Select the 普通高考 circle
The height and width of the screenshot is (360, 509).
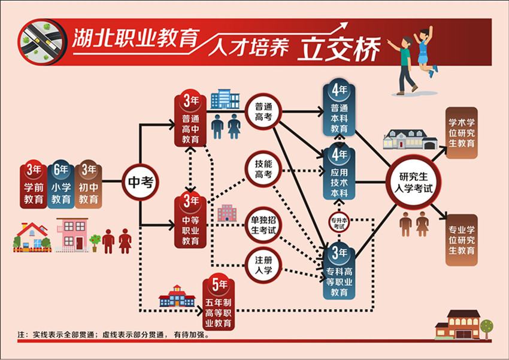tap(263, 111)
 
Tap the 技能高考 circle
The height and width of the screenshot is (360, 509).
tap(263, 168)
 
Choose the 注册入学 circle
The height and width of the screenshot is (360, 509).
tap(263, 265)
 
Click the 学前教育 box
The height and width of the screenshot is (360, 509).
tap(34, 184)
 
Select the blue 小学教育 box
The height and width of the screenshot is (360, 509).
tap(61, 184)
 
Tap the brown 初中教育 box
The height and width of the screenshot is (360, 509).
tap(89, 184)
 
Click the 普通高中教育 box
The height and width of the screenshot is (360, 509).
tap(190, 120)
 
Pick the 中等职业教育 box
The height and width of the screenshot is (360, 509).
tap(190, 221)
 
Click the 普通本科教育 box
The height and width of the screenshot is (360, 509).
tap(339, 111)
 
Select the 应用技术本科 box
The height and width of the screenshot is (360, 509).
tap(339, 174)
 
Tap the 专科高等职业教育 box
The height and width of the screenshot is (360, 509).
tap(339, 272)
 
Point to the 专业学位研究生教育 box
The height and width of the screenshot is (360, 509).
tap(462, 240)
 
